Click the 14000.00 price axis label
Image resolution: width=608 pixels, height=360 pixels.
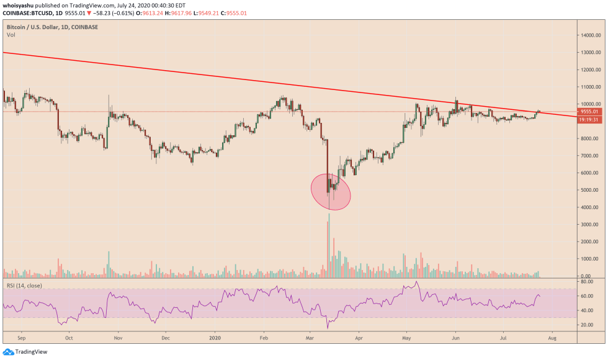click(590, 35)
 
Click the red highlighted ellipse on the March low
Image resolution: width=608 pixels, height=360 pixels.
click(331, 192)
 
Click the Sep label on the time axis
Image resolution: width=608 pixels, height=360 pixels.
click(21, 339)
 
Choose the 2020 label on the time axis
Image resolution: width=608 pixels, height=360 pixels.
click(215, 339)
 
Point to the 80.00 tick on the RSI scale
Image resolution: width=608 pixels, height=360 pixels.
click(587, 282)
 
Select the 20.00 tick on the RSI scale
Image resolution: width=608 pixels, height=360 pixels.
click(587, 325)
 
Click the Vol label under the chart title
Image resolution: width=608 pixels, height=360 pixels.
click(11, 35)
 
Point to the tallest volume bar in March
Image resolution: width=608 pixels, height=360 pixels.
click(329, 245)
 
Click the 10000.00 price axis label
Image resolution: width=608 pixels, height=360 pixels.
click(590, 104)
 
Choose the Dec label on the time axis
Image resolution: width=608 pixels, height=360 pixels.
click(166, 339)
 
